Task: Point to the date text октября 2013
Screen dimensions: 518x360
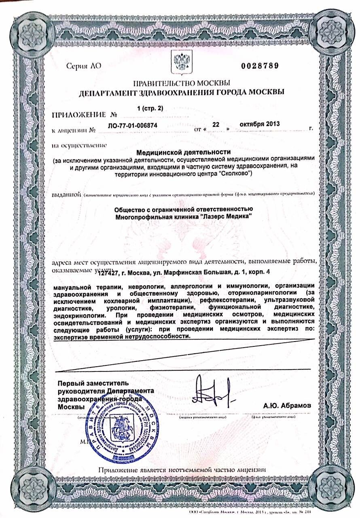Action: tap(260, 123)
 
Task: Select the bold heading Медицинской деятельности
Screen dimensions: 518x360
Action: tap(184, 153)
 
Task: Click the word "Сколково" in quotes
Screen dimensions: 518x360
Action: tap(237, 174)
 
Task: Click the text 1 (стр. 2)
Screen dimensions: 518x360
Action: tap(150, 108)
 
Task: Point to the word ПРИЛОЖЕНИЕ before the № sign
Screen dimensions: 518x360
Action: tap(78, 115)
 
